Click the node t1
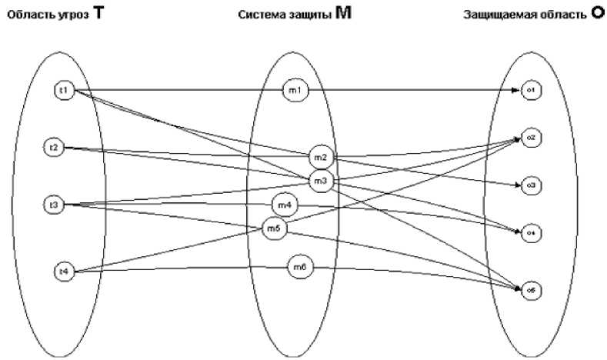coord(64,91)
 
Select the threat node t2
coord(53,146)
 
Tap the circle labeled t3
coord(53,205)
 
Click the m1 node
coord(295,91)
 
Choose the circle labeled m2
coord(320,157)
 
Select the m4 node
coord(284,205)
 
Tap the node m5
coord(274,228)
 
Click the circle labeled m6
coord(300,267)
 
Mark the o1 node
coord(530,91)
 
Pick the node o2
coord(530,137)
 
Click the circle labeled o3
coord(530,185)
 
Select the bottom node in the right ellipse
coord(530,290)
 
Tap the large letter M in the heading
coord(343,14)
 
